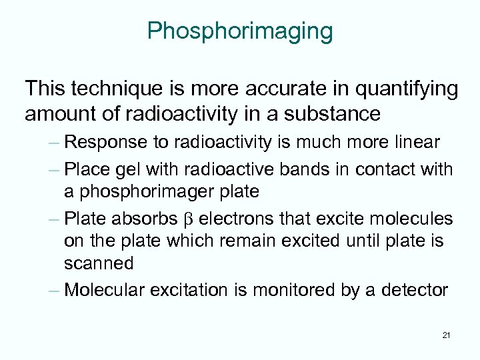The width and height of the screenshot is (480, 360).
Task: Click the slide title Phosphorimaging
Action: click(240, 31)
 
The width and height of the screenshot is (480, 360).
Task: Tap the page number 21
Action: click(446, 335)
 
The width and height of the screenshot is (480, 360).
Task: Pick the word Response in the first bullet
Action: click(109, 142)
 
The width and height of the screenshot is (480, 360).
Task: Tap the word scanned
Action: click(99, 263)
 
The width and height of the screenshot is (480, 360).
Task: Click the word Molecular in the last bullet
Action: click(108, 291)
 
